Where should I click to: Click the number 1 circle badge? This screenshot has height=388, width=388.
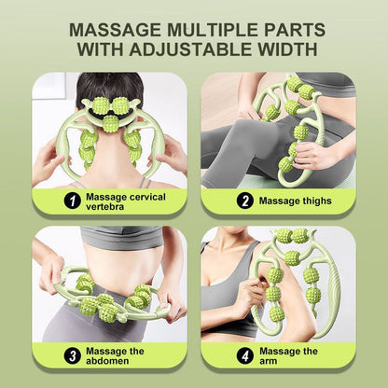[70, 199]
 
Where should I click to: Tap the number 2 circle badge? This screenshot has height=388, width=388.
[244, 200]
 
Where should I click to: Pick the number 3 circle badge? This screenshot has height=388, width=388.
[70, 355]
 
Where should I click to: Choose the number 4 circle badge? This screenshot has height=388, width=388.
[244, 355]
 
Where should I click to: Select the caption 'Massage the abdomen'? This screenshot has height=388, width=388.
[115, 355]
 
